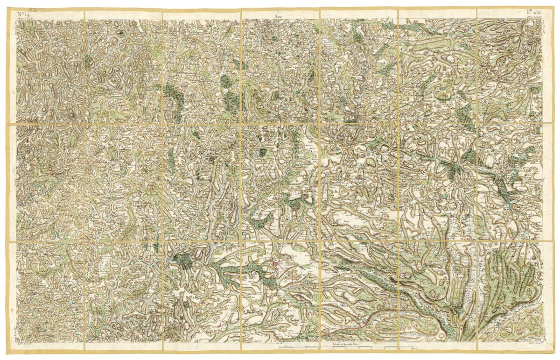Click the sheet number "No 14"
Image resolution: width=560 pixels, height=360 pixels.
coord(22,14)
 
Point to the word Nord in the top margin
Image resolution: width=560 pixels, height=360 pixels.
coord(279,18)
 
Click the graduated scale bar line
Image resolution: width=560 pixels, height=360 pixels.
coord(345,348)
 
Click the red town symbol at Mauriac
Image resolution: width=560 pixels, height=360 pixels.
coord(276,264)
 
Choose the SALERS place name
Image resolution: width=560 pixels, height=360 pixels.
coord(355,322)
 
